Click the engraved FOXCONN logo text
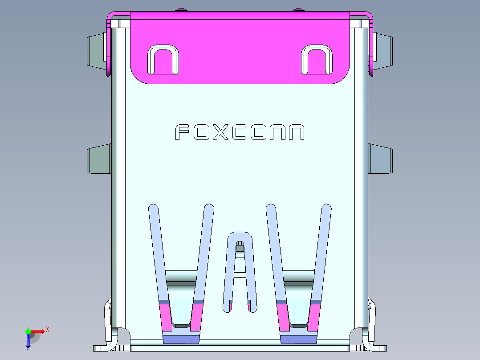coord(240,132)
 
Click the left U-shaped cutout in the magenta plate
coord(163,60)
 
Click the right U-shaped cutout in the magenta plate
coord(317,60)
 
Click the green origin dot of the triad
coord(28,331)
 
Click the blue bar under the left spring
coord(181,340)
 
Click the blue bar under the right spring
coord(298,340)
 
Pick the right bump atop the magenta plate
coord(299,9)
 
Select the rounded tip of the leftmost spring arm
coord(153,208)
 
